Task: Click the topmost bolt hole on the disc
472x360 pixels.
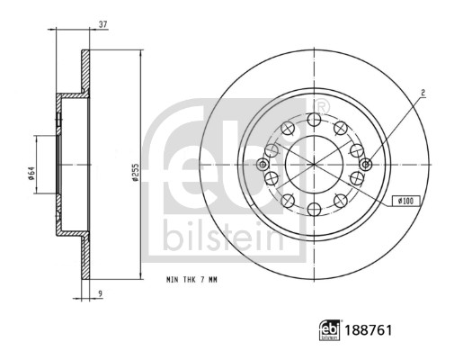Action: point(314,119)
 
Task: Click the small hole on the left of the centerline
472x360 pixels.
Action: point(263,165)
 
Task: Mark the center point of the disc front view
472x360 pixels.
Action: point(314,166)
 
